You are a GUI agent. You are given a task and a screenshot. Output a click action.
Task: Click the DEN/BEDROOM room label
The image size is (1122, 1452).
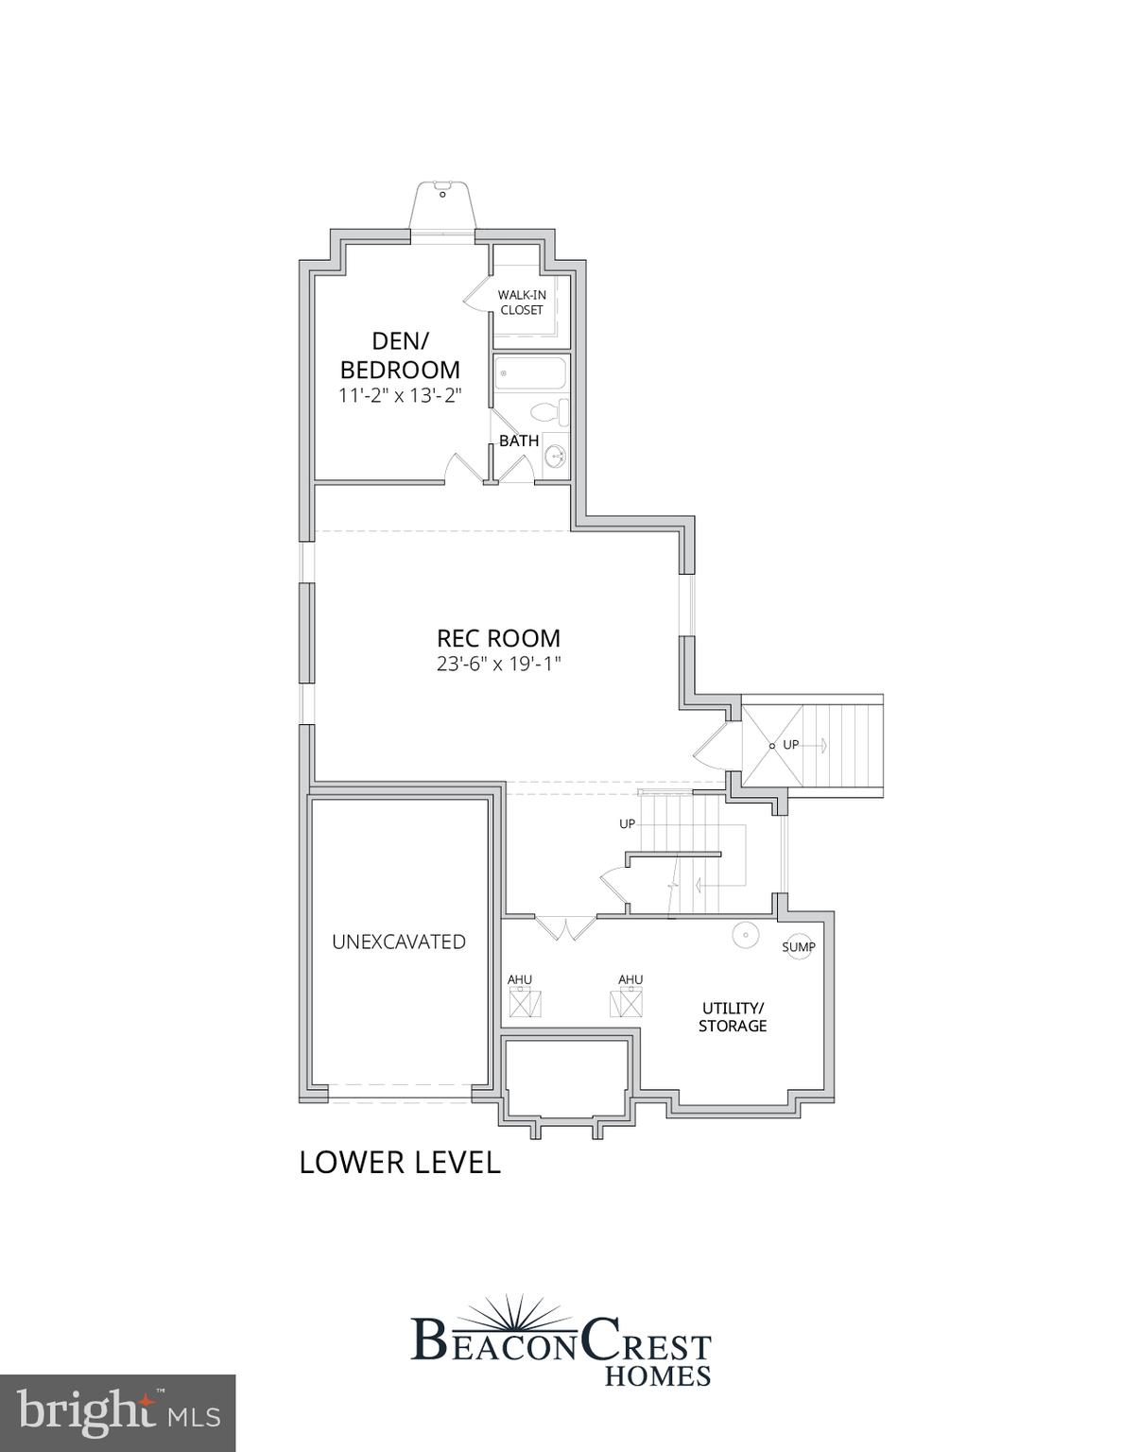(x=400, y=354)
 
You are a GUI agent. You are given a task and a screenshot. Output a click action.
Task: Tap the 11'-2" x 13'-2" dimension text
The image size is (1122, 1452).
(x=400, y=395)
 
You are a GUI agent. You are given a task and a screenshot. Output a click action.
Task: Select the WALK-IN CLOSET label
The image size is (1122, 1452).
(x=522, y=302)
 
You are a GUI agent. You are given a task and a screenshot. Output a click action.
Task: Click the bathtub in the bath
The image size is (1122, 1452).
(x=530, y=373)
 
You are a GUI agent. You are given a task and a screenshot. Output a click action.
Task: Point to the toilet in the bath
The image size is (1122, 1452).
(x=549, y=412)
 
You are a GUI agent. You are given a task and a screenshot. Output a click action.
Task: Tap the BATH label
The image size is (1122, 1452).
(x=519, y=441)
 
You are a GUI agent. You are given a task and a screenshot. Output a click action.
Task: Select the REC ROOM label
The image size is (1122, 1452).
(x=498, y=638)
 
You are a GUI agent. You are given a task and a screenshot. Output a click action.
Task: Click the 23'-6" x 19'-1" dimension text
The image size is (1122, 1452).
(x=498, y=664)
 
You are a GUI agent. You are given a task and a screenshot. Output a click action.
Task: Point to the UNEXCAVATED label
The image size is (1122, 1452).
(x=399, y=942)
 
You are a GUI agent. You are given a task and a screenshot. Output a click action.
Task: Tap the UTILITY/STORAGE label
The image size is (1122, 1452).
(x=733, y=1016)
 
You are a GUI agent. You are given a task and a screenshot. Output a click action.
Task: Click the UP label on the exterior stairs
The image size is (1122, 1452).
(x=791, y=745)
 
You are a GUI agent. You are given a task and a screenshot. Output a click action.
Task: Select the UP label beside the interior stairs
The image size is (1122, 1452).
(x=628, y=824)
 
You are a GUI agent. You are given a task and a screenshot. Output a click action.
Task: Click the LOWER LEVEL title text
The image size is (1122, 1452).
(x=399, y=1163)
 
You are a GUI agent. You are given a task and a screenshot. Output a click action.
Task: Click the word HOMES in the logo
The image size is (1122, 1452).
(x=657, y=1375)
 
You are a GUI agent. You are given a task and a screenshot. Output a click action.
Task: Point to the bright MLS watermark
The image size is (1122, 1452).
(x=117, y=1413)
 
